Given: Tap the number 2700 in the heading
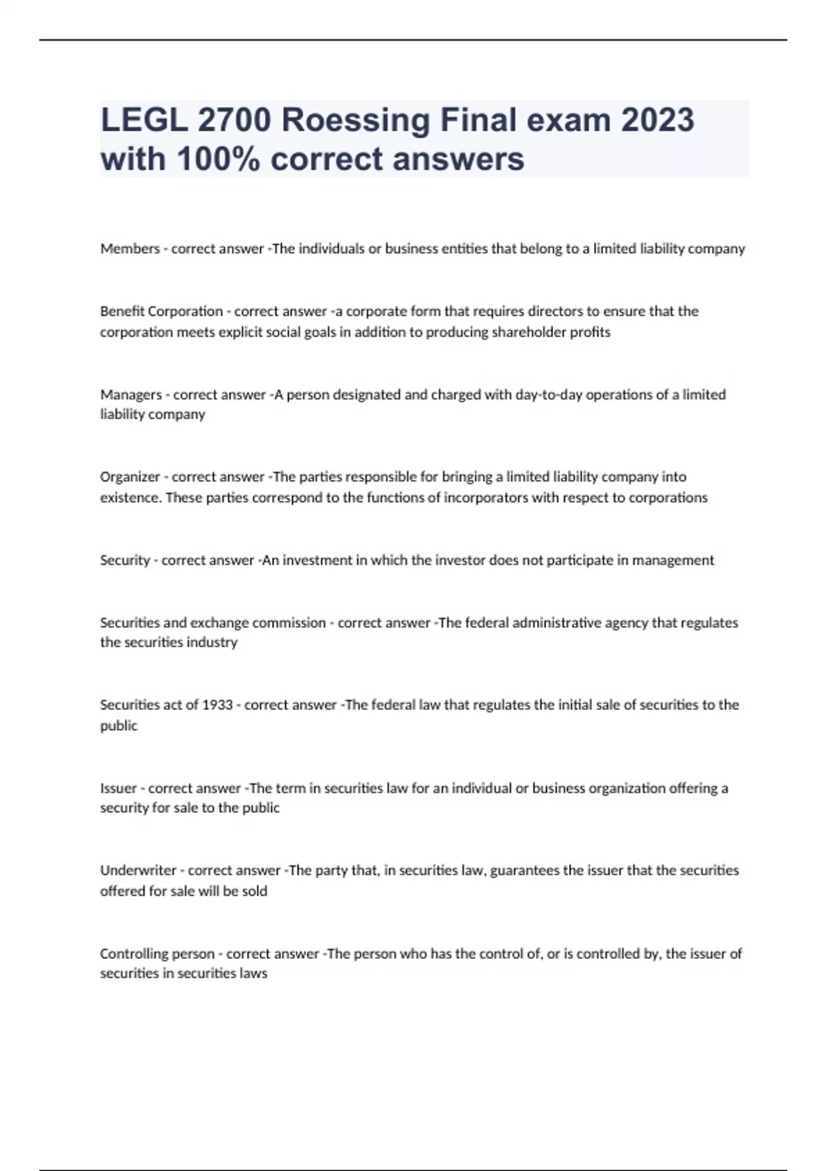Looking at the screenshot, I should [x=234, y=121].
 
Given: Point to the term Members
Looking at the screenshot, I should [x=130, y=249].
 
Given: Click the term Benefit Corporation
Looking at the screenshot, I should [x=161, y=311].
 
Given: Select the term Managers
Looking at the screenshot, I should [x=131, y=395].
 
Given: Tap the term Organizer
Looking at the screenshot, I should [x=130, y=477].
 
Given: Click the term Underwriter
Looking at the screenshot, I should [x=138, y=870].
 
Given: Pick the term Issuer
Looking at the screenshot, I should [x=119, y=788].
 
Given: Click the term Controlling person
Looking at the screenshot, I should [x=157, y=954].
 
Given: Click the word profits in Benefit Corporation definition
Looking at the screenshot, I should [x=591, y=332].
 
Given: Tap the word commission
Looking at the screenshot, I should [x=289, y=623].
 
